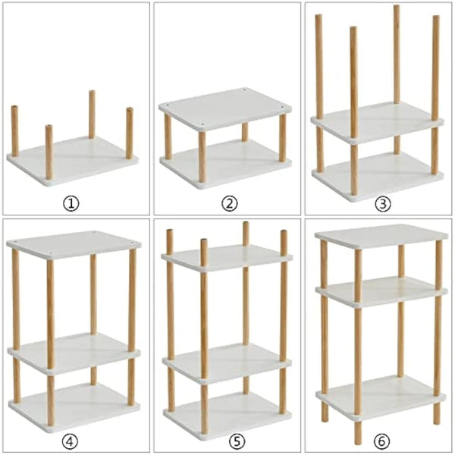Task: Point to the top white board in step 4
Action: point(74,242)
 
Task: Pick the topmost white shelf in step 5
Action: point(227,256)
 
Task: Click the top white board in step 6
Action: point(381,235)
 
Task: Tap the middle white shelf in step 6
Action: point(381,290)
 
